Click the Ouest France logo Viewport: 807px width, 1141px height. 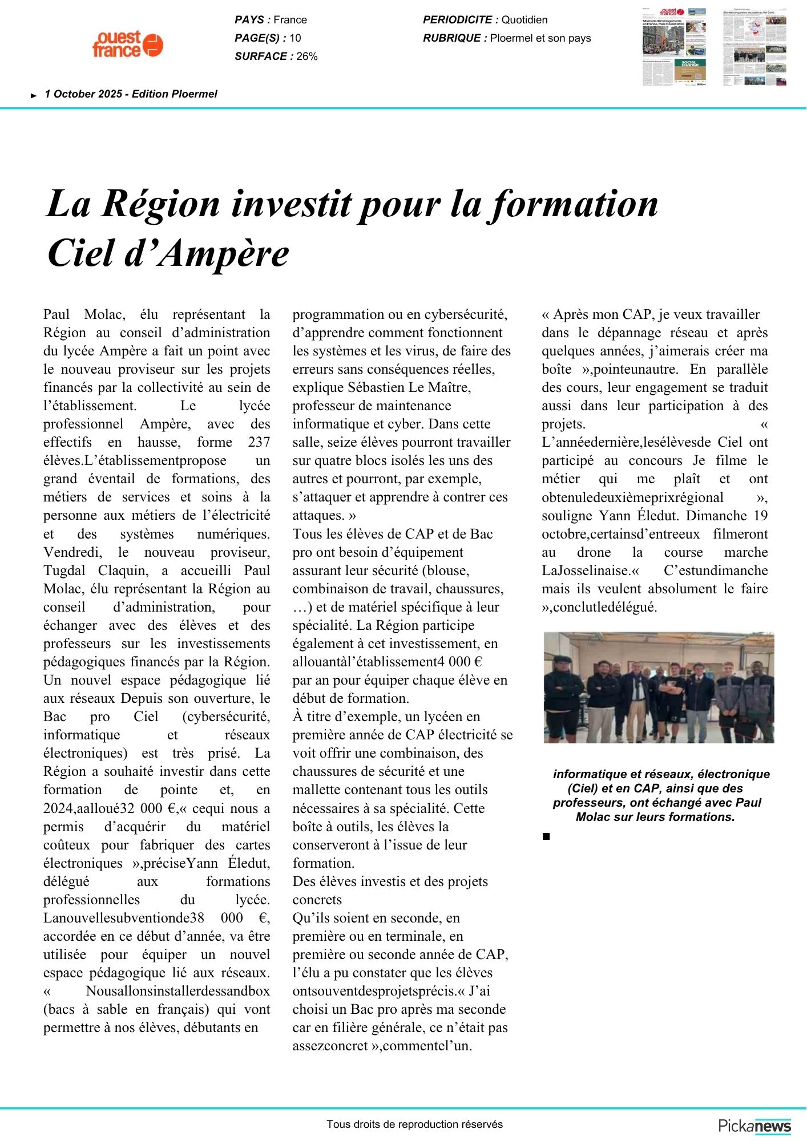click(x=128, y=44)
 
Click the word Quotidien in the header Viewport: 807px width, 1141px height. click(x=524, y=20)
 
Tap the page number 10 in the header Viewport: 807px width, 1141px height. click(x=295, y=38)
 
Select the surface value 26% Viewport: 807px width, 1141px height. click(x=307, y=56)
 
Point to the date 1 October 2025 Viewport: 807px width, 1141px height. click(x=83, y=94)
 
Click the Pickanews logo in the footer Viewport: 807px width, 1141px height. click(x=754, y=1126)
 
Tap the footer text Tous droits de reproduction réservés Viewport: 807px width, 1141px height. click(x=415, y=1124)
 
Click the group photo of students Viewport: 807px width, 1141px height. click(x=659, y=687)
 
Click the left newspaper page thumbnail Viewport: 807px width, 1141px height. click(x=674, y=46)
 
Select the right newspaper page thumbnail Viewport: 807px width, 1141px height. click(x=754, y=46)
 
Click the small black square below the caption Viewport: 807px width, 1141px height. click(x=546, y=836)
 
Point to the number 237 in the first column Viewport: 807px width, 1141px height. click(x=259, y=442)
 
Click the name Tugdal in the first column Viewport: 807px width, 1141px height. click(x=63, y=570)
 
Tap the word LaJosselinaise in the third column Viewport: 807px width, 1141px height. click(x=587, y=570)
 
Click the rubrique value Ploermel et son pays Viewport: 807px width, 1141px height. click(x=540, y=38)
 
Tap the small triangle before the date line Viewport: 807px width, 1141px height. click(x=34, y=96)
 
